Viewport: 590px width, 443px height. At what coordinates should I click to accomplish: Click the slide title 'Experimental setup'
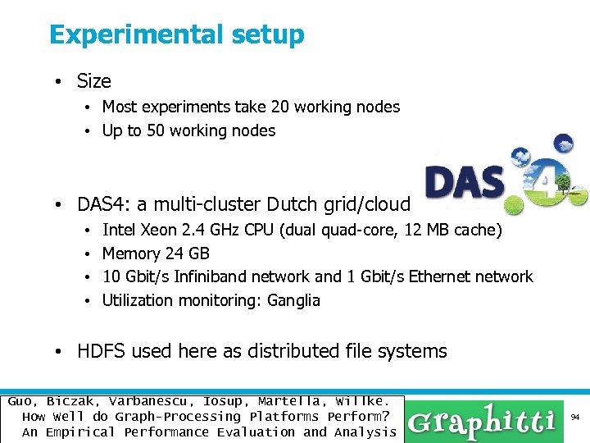(176, 35)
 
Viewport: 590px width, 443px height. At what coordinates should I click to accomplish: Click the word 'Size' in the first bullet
(93, 81)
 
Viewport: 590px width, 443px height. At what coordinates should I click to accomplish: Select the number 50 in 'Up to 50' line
(155, 130)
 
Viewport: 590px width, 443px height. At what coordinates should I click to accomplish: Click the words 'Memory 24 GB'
(156, 253)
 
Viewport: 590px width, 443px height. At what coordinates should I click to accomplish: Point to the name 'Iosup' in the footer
(225, 401)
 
